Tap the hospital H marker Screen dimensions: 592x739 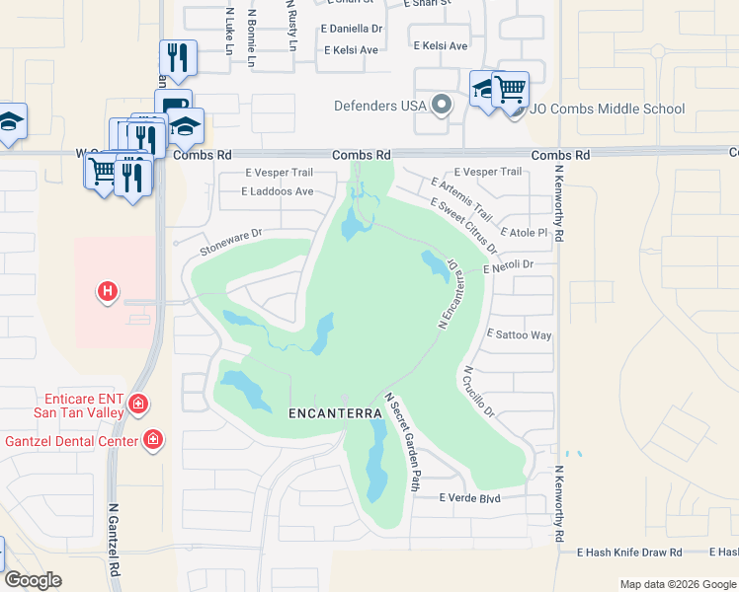click(x=108, y=291)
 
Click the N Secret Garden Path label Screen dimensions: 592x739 click(x=402, y=441)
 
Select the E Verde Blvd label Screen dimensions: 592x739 click(x=470, y=498)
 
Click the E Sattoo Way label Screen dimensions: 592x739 click(x=520, y=335)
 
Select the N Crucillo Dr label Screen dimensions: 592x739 click(x=477, y=392)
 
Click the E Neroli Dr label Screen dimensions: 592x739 click(x=508, y=265)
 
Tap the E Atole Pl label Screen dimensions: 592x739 click(x=524, y=233)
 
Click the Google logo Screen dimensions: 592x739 click(x=33, y=579)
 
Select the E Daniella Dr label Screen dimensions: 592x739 click(x=351, y=30)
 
